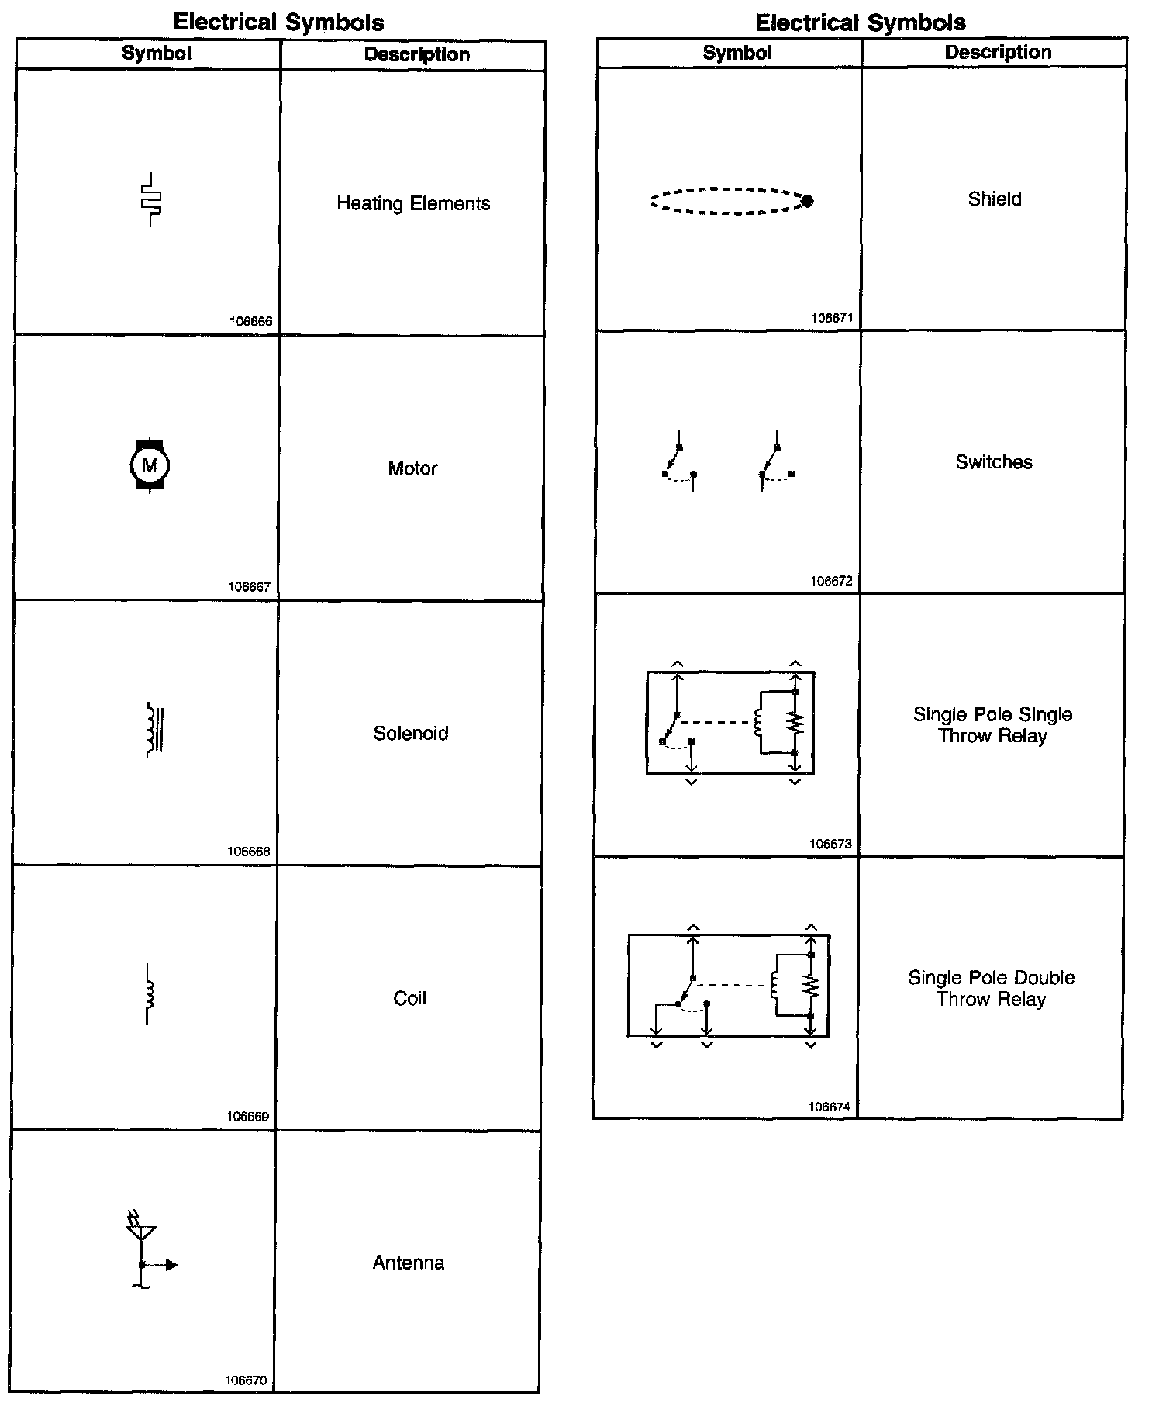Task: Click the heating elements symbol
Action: click(151, 199)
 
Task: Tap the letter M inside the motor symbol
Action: click(150, 465)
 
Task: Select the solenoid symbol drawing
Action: click(155, 729)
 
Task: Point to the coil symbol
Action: click(150, 994)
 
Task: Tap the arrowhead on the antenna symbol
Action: click(171, 1265)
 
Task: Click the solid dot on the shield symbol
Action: click(807, 202)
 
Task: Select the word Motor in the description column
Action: click(412, 468)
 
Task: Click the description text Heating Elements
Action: click(413, 203)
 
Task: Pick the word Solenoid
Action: click(411, 733)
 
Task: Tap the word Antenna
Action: click(409, 1263)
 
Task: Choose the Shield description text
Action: click(995, 199)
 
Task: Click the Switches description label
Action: click(994, 462)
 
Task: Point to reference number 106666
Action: click(250, 321)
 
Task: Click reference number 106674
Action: click(830, 1107)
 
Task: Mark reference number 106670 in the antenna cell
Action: click(246, 1380)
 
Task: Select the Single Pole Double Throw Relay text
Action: click(992, 988)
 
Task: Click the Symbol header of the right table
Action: click(737, 53)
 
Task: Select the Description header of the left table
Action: click(417, 54)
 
